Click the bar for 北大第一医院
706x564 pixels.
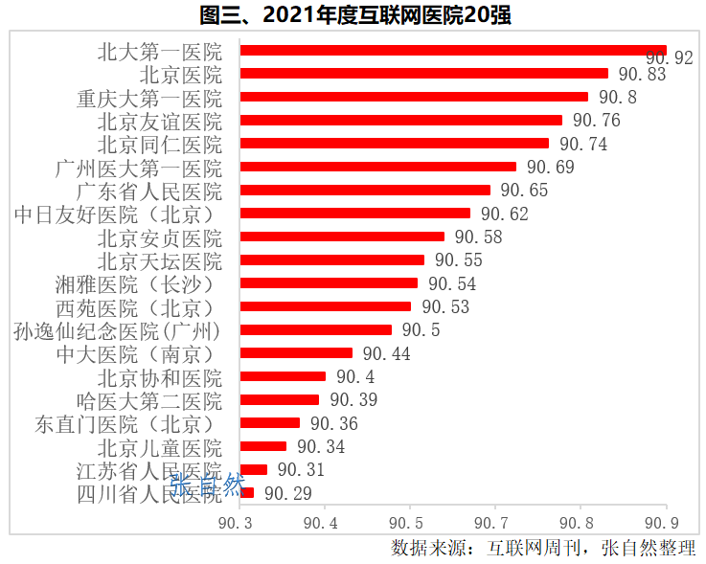[453, 50]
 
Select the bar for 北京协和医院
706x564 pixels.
[284, 376]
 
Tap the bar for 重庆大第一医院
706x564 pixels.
[414, 97]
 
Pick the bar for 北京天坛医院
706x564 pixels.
[332, 259]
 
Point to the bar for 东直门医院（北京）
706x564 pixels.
[270, 423]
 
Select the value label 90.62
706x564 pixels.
[505, 214]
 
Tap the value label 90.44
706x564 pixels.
[386, 353]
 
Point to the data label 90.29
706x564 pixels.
[288, 493]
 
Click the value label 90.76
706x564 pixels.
[597, 121]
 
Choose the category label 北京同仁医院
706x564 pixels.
[160, 144]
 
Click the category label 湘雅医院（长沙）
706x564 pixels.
[135, 283]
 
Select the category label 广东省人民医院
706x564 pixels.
[149, 191]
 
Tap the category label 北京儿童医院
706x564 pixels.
[160, 447]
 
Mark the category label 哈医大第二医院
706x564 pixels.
[149, 400]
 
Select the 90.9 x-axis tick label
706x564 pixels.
[662, 523]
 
